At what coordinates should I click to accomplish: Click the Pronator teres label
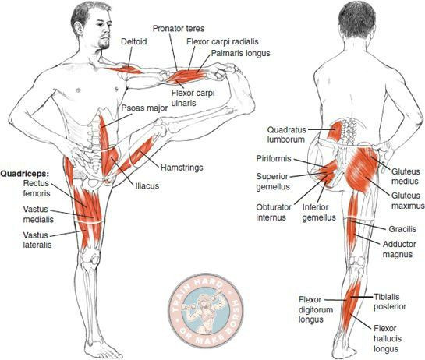tap(179, 29)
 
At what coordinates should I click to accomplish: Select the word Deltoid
tap(134, 41)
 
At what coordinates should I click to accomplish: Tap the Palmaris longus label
tap(240, 53)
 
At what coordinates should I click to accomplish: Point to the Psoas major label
tap(144, 108)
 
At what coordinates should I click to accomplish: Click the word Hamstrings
tap(182, 168)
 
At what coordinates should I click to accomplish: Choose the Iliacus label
tap(147, 185)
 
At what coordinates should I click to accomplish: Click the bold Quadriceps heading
tap(26, 173)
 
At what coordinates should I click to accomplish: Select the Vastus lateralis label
tap(37, 240)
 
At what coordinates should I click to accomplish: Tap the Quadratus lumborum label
tap(286, 135)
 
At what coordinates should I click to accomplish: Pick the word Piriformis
tap(273, 158)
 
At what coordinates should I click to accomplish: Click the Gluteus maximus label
tap(407, 200)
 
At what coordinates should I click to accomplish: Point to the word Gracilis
tap(402, 229)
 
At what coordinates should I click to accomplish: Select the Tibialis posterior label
tap(389, 302)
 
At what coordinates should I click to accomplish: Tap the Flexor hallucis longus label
tap(387, 339)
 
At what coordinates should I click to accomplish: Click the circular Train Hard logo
tap(206, 310)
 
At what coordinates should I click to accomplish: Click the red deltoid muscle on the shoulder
tap(126, 70)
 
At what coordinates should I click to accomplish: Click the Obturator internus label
tap(274, 213)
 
